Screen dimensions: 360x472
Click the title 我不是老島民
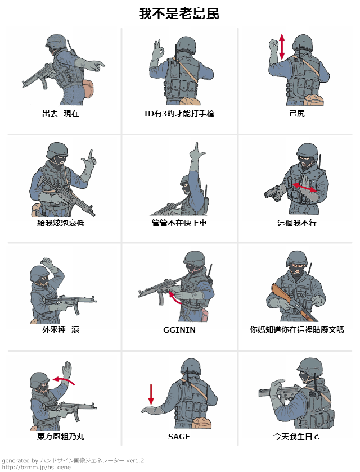179,14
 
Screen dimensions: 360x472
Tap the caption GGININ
179,330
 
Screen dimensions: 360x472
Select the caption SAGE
179,437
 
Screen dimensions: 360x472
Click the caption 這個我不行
297,223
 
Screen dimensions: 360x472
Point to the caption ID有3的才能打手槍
179,114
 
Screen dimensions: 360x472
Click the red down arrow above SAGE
151,394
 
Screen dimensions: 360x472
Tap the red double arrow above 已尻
282,47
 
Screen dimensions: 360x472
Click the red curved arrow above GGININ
175,297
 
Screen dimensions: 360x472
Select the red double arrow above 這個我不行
304,187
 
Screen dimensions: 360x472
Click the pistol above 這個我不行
273,193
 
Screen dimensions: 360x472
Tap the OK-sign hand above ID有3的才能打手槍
157,49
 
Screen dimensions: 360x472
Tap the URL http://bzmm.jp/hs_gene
37,467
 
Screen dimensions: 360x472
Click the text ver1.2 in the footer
135,461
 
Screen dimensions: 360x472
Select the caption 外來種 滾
61,330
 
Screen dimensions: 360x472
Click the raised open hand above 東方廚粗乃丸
67,370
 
